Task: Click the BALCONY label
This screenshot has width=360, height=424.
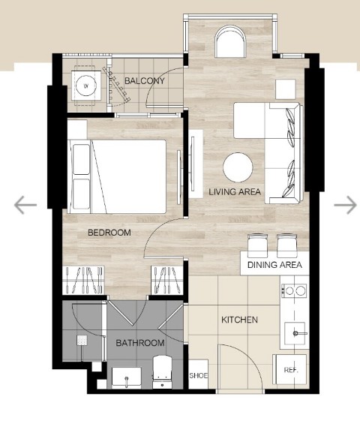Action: (144, 81)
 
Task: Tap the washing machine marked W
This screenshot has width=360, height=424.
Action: (86, 86)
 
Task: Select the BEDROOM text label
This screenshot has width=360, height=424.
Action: (109, 233)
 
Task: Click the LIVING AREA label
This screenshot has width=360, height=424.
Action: (235, 191)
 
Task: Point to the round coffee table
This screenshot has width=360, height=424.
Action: (238, 167)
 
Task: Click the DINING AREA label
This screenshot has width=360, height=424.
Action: (274, 265)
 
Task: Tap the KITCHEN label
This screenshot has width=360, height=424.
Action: (239, 320)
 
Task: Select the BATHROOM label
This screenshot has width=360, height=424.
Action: (140, 343)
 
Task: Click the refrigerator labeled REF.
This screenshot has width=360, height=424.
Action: (290, 369)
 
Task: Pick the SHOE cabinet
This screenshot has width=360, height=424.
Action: (198, 375)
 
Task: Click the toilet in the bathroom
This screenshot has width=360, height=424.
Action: (162, 371)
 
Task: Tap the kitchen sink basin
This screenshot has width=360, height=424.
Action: (295, 333)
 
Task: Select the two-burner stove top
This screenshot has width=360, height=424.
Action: (294, 291)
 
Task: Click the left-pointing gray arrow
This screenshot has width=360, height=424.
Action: (25, 205)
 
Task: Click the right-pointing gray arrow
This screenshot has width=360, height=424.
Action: (345, 205)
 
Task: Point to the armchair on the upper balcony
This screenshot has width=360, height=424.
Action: (230, 41)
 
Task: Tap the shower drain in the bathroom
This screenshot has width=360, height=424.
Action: (82, 340)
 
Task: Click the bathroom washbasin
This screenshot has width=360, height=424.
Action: (127, 377)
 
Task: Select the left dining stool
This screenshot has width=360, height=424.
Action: (257, 245)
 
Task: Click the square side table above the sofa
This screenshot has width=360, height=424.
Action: (286, 89)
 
